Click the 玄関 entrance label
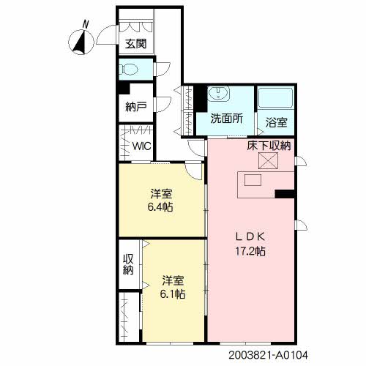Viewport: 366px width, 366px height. coord(135,43)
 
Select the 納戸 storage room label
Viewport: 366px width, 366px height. coord(135,106)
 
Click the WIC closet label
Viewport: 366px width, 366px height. coord(142,146)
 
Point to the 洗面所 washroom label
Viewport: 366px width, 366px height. coord(227,119)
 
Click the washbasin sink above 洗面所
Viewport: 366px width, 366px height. coord(219,94)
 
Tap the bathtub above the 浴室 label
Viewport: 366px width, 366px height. coord(275,97)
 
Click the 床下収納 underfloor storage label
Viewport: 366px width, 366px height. coord(269,146)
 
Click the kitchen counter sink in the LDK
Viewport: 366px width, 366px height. coord(254,180)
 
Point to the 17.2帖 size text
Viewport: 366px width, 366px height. coord(250,250)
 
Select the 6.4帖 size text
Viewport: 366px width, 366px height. coord(162,207)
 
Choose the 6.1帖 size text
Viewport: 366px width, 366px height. coord(173,294)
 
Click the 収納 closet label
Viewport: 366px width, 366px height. coord(128,264)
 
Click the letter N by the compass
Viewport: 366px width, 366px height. coord(86,24)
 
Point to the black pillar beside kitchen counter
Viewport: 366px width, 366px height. coord(284,194)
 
